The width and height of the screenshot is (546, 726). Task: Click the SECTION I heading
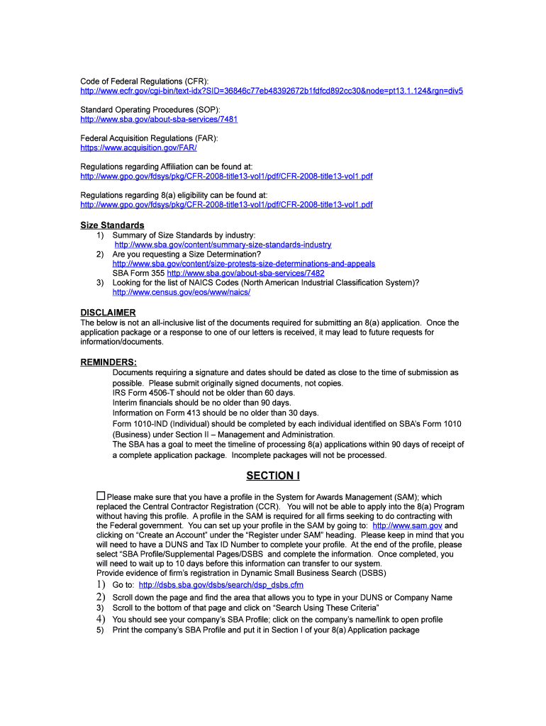(273, 476)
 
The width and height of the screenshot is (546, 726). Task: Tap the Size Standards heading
(112, 225)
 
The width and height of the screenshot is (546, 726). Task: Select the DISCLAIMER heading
(108, 313)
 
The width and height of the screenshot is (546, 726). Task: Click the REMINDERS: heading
(108, 362)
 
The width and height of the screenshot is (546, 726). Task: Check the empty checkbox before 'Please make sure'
(101, 496)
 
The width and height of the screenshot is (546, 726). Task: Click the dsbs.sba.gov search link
(221, 585)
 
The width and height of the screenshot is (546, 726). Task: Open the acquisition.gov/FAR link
(138, 148)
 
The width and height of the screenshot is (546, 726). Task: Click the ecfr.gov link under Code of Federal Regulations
(272, 91)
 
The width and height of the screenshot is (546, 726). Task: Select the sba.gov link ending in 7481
(159, 119)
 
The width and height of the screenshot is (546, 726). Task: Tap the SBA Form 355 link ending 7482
(245, 273)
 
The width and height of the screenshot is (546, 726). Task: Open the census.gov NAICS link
(182, 292)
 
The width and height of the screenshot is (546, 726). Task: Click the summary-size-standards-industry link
(222, 245)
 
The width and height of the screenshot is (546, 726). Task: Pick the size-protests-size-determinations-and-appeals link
(244, 264)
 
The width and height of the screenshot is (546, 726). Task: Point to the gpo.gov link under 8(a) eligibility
(226, 205)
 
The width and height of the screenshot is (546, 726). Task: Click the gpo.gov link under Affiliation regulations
(226, 177)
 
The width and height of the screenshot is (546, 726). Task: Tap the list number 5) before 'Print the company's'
(100, 630)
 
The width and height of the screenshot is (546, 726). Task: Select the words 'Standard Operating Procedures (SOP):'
(150, 110)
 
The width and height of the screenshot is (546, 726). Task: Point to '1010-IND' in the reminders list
(145, 424)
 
